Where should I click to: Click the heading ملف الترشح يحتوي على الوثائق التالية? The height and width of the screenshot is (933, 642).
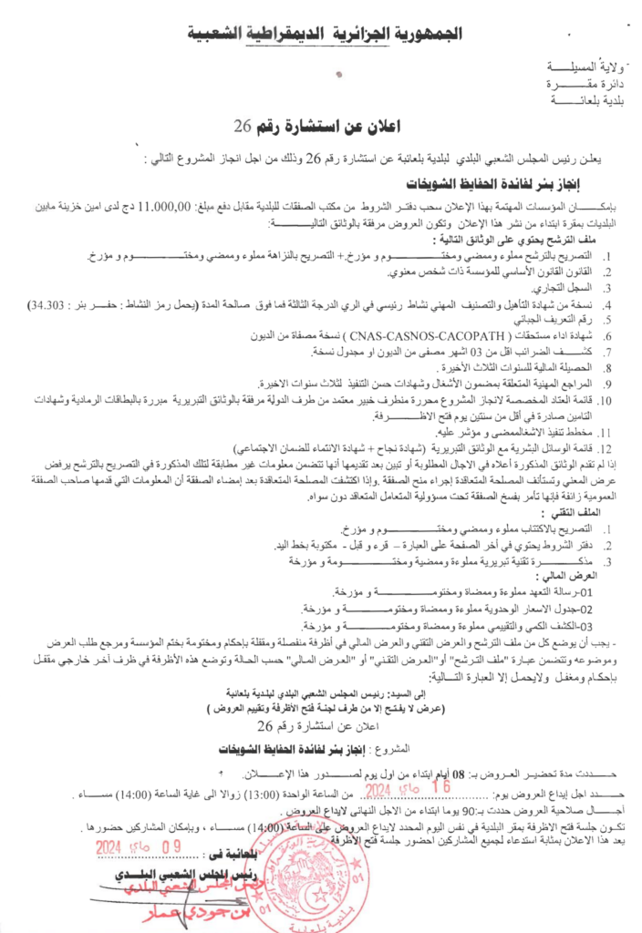click(x=523, y=239)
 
